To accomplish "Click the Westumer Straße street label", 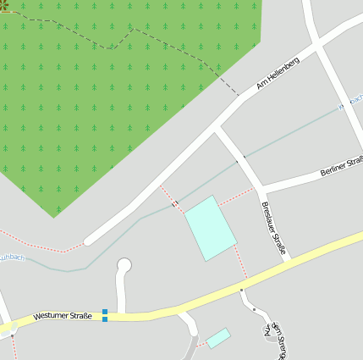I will [x=63, y=316].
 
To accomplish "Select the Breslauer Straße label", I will [x=274, y=228].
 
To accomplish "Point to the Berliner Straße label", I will [x=342, y=166].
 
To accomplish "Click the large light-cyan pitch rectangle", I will [x=210, y=227].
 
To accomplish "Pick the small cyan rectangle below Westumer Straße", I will [x=218, y=337].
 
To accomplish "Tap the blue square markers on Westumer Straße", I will [x=105, y=315].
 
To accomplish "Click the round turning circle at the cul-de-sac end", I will [x=124, y=265].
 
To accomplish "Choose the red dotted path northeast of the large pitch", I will [x=236, y=196].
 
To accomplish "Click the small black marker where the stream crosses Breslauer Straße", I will [x=245, y=158].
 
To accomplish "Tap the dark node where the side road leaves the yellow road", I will [x=241, y=290].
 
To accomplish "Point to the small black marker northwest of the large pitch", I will [x=174, y=204].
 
